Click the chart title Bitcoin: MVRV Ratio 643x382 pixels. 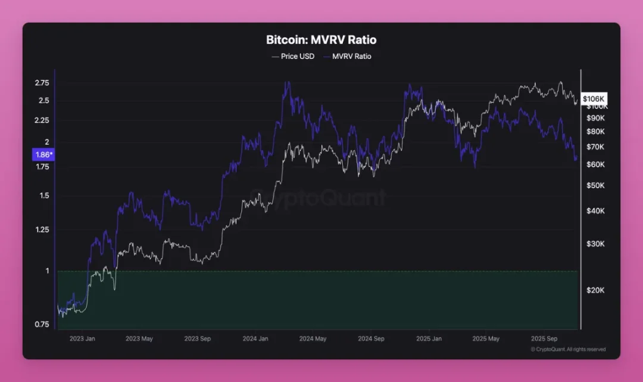tap(321, 40)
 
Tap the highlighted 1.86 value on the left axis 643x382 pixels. tap(42, 155)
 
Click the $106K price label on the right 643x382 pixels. tap(594, 98)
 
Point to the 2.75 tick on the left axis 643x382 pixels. tap(42, 83)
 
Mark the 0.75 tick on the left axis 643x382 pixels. tap(42, 324)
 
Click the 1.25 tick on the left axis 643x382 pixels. tap(42, 230)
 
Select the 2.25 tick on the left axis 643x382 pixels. tap(42, 120)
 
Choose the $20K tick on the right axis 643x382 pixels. tap(595, 290)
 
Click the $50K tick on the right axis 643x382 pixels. tap(595, 185)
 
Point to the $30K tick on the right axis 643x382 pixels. tap(595, 244)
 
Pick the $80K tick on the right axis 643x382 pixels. tap(595, 132)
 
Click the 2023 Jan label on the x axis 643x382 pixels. tap(82, 338)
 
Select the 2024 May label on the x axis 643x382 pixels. tap(313, 338)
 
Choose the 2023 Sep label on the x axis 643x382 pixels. tap(198, 338)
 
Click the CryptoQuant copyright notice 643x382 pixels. tap(568, 349)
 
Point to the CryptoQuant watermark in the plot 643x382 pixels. tap(317, 197)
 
